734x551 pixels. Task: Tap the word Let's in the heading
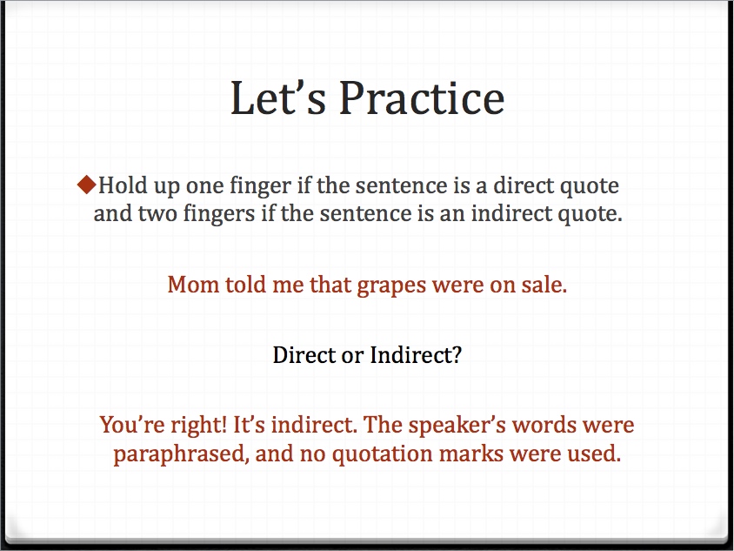pos(278,97)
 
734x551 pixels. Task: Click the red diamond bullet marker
pos(87,185)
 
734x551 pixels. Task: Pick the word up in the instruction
pos(167,187)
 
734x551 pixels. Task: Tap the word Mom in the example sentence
pos(193,285)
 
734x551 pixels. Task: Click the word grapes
pos(391,286)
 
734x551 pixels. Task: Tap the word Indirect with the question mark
pos(416,354)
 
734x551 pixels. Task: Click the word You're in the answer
pos(132,425)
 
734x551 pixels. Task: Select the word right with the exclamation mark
pos(198,426)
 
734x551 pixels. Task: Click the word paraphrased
pos(181,454)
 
